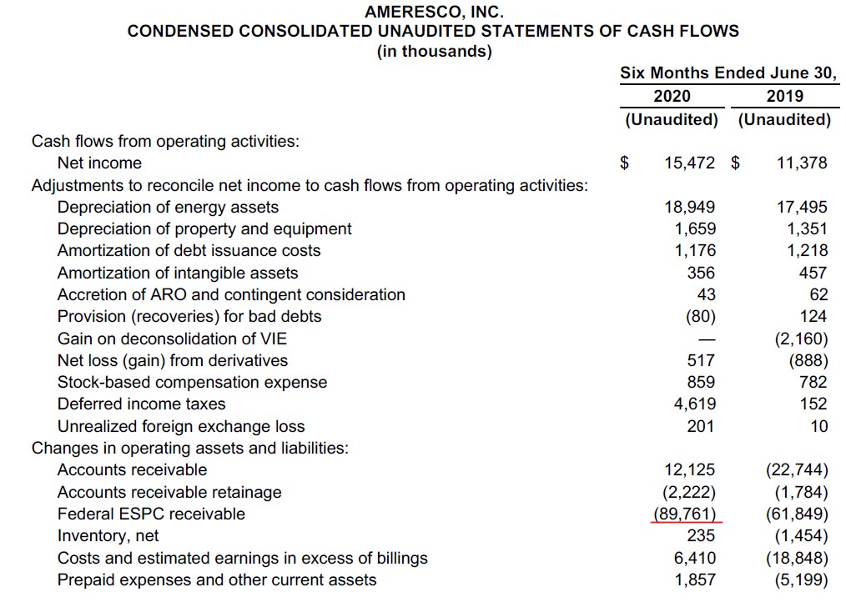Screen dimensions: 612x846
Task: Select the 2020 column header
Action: [672, 96]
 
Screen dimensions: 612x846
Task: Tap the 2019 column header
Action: [784, 96]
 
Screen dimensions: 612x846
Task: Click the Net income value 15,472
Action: [689, 163]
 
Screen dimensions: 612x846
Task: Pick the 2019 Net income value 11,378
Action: [801, 163]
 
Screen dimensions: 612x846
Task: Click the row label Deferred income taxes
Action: [141, 404]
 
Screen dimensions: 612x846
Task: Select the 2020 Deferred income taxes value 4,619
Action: [694, 404]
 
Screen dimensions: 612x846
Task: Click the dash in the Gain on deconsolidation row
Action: [706, 339]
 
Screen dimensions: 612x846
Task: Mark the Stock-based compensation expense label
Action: [192, 383]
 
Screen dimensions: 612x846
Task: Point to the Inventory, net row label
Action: [108, 536]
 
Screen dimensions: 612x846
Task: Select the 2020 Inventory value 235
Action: [701, 536]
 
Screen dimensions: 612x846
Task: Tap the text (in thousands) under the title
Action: [434, 52]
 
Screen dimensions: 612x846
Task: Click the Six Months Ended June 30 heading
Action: [728, 73]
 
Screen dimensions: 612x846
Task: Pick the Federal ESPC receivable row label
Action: [151, 514]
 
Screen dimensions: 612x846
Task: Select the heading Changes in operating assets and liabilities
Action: [190, 448]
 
